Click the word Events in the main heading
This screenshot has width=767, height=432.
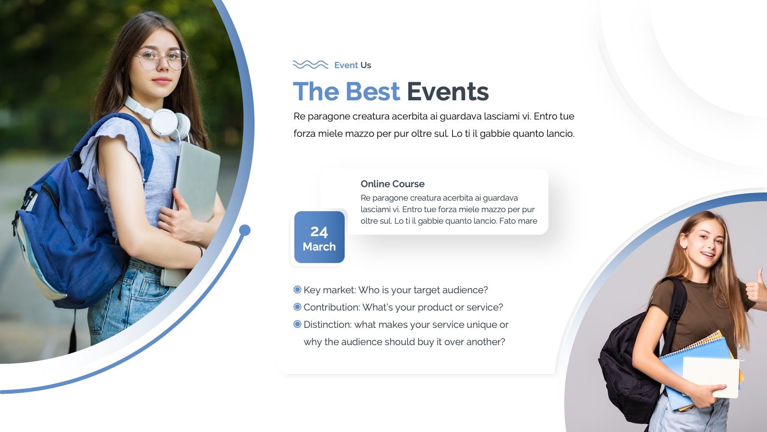pos(448,92)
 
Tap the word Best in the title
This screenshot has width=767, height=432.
pos(372,92)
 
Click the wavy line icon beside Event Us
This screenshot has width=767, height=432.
pos(310,64)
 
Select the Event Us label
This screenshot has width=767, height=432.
pos(353,65)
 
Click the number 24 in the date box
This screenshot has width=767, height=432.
pos(319,232)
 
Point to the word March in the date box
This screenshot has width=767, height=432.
pos(319,247)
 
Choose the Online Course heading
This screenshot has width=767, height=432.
pos(393,184)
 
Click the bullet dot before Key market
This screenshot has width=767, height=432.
pos(297,290)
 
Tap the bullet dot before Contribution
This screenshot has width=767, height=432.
pos(297,307)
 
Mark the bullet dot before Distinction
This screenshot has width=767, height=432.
pos(297,324)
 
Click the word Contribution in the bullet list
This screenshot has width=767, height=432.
pos(331,307)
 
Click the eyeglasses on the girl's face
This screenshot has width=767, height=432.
pos(162,60)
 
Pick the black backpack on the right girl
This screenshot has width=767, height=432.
pos(633,363)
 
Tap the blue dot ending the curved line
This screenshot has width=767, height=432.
pos(244,230)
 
